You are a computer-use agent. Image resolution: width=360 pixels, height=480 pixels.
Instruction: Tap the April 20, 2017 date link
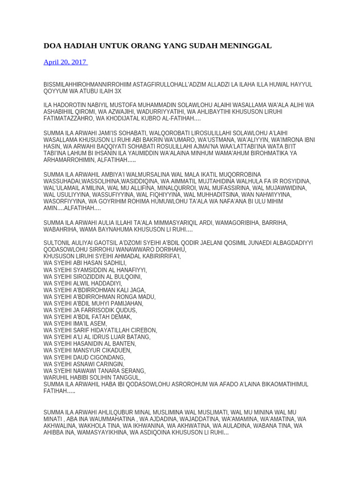coord(65,62)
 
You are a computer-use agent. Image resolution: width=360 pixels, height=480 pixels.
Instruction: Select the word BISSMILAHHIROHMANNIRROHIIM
coord(87,84)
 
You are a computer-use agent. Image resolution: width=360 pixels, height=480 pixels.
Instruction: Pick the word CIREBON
coord(143,330)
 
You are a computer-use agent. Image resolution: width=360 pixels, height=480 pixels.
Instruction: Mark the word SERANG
coord(133,371)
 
